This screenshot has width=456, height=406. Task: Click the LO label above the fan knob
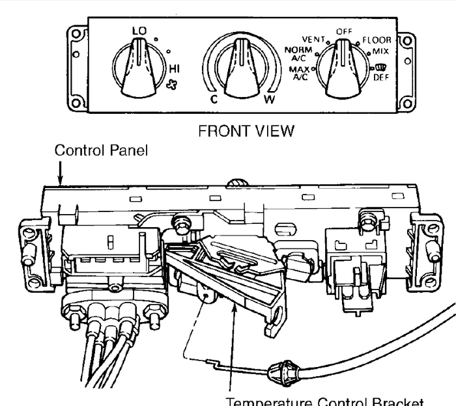pos(139,31)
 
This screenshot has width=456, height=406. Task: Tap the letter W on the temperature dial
pos(270,101)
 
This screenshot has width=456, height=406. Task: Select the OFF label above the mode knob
pos(343,31)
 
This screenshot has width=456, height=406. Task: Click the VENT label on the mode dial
pos(313,39)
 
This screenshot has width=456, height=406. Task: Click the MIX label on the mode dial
pos(381,50)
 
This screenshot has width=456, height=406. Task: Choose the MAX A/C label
pos(299,73)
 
